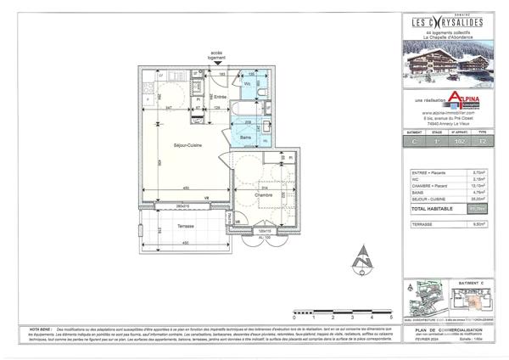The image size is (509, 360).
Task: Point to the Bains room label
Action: pyautogui.click(x=244, y=137)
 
